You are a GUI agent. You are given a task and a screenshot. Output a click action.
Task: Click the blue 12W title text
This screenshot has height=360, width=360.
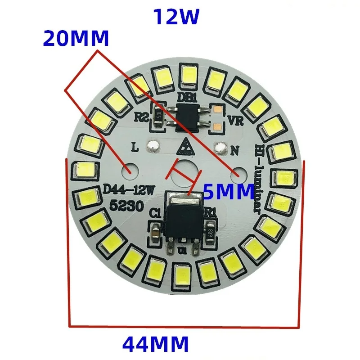click(176, 18)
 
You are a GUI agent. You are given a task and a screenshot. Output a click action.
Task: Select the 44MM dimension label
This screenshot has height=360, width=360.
click(155, 345)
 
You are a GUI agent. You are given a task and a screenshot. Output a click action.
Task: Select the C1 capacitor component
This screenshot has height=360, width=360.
click(155, 231)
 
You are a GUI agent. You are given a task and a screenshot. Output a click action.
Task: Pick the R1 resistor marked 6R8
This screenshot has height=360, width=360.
click(209, 230)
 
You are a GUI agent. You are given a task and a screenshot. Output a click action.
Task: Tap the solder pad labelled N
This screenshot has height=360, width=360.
click(220, 147)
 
